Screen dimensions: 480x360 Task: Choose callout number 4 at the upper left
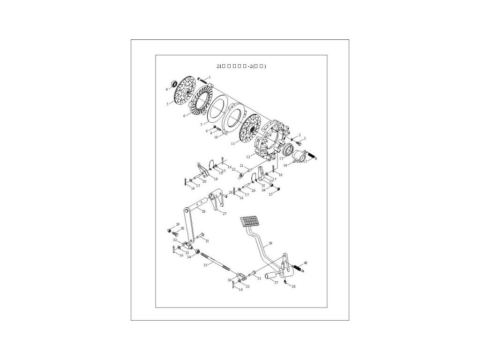pos(166,89)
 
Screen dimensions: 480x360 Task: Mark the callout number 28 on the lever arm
pos(203,212)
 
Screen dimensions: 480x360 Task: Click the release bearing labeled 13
pos(286,151)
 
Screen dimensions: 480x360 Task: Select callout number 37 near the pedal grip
pos(276,282)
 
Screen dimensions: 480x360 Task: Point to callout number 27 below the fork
pos(224,214)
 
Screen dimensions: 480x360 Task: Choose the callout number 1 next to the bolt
pos(210,76)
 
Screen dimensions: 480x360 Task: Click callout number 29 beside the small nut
pos(178,225)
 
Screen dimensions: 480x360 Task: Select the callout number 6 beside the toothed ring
pos(186,115)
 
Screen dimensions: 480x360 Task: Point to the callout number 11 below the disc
pos(233,143)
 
